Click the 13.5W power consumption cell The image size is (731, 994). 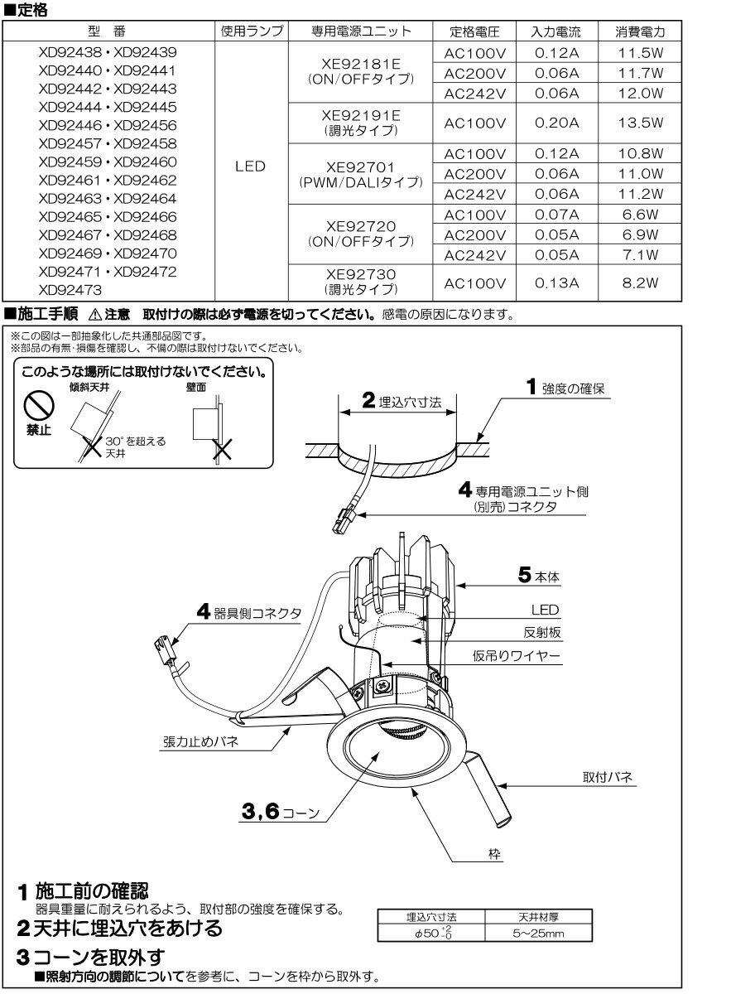(641, 123)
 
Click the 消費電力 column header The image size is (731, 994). (641, 32)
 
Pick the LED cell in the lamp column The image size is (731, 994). (250, 166)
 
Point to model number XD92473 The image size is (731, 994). (70, 290)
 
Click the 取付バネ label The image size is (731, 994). (608, 779)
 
